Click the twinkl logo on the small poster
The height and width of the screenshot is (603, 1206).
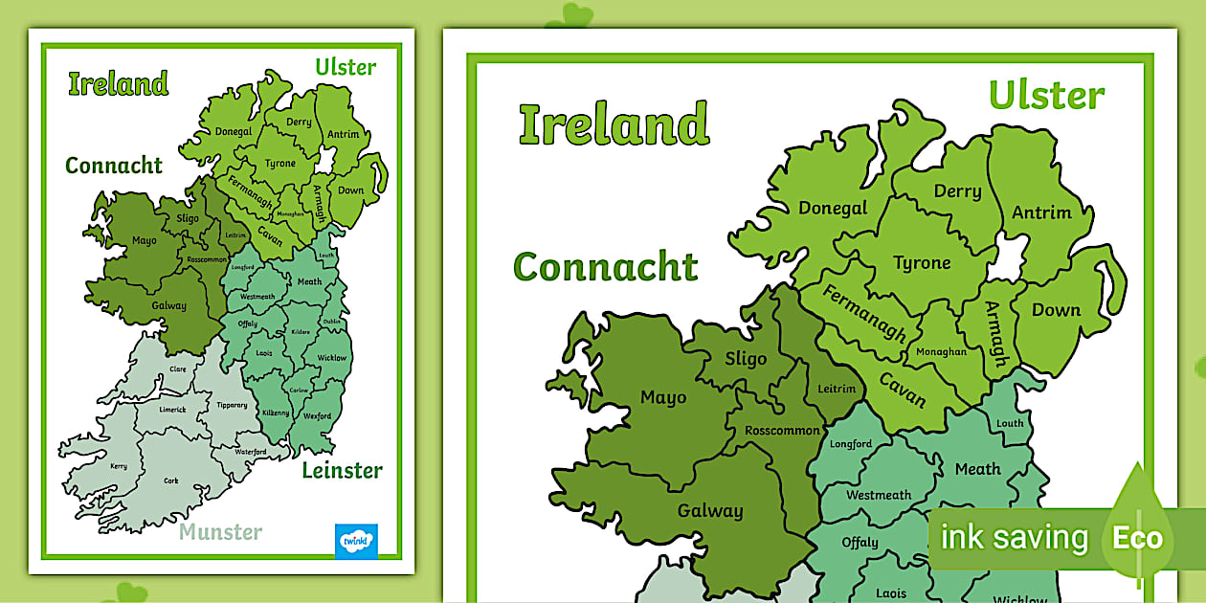click(356, 541)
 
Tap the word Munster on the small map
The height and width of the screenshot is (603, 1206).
click(220, 531)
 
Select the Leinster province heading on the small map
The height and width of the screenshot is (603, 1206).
click(342, 470)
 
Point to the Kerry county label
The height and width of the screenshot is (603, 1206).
click(119, 466)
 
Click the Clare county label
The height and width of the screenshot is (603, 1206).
click(178, 368)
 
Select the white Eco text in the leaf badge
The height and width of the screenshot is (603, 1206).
click(1137, 538)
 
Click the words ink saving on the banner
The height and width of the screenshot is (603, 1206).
click(1015, 538)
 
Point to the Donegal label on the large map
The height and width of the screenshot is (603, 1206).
click(833, 208)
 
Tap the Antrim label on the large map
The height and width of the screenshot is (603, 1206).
click(1041, 212)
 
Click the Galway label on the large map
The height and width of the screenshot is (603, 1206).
click(709, 510)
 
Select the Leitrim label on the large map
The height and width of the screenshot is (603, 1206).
click(835, 389)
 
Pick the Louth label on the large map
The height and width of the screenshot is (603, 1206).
click(1010, 423)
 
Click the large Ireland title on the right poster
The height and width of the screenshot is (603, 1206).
click(614, 124)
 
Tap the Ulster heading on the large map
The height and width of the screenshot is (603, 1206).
click(1046, 96)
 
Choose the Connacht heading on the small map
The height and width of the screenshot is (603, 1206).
click(114, 166)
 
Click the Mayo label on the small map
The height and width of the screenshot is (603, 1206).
click(145, 240)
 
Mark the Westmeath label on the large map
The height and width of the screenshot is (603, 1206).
click(879, 495)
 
